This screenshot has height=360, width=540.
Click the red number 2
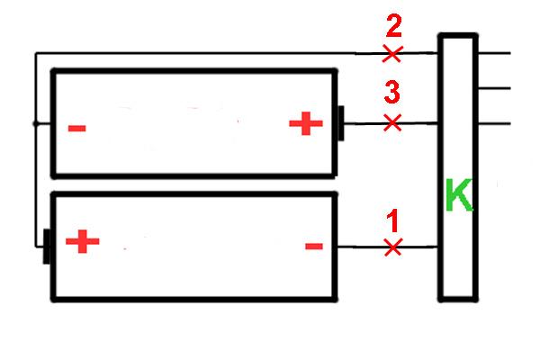[393, 25]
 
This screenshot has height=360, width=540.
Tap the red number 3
[392, 92]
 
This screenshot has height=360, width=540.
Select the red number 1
[392, 220]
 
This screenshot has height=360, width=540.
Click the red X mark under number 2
[391, 54]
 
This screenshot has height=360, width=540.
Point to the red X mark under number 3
[392, 123]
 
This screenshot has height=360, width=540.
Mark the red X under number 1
[393, 247]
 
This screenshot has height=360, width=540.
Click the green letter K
[459, 194]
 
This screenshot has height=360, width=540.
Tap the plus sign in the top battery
[306, 123]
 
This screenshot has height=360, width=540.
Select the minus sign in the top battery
[77, 129]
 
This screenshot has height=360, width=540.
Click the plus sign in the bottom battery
[83, 241]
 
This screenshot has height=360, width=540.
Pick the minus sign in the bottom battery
[314, 246]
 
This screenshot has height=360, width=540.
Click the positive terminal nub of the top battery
[340, 123]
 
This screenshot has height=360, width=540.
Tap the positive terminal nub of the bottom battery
[47, 247]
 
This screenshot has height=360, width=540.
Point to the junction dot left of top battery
[35, 123]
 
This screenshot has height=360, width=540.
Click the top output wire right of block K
[494, 53]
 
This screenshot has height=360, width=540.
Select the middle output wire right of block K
[494, 88]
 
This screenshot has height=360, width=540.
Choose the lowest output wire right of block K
[494, 123]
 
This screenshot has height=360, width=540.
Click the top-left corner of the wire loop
[36, 53]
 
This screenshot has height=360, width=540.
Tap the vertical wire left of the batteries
[36, 150]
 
